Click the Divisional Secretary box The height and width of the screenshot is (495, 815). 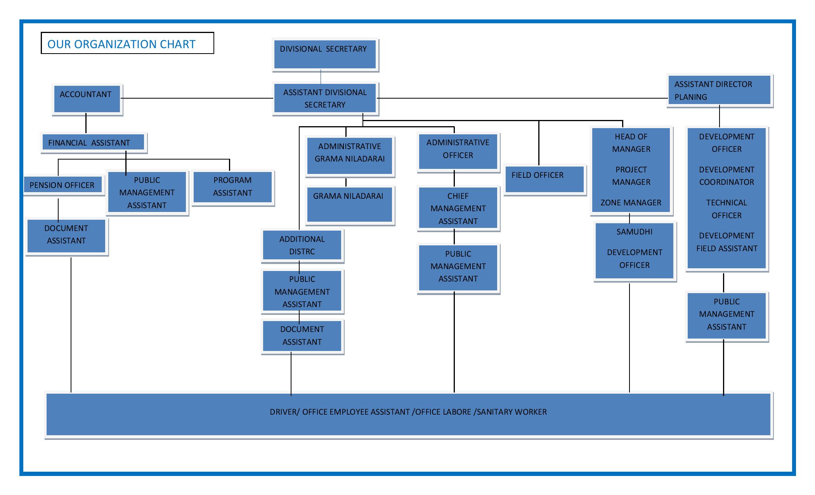[325, 54]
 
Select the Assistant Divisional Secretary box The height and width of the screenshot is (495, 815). [325, 98]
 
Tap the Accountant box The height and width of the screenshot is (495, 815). [87, 99]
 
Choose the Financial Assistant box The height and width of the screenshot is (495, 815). [94, 142]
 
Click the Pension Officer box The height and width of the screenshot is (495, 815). [64, 185]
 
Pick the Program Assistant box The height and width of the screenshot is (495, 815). [233, 188]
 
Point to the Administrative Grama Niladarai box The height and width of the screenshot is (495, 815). [350, 156]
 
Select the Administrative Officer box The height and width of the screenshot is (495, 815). [458, 152]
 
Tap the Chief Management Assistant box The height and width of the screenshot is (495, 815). [458, 208]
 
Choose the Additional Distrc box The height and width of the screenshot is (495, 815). [302, 246]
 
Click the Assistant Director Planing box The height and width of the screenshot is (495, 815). [720, 91]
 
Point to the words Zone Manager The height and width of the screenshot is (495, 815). [631, 203]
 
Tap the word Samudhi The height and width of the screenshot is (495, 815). [635, 232]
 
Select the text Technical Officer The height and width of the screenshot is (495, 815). [727, 209]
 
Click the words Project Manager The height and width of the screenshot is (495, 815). [631, 176]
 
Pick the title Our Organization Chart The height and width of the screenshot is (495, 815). [121, 44]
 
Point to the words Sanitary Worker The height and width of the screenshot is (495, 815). [512, 412]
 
